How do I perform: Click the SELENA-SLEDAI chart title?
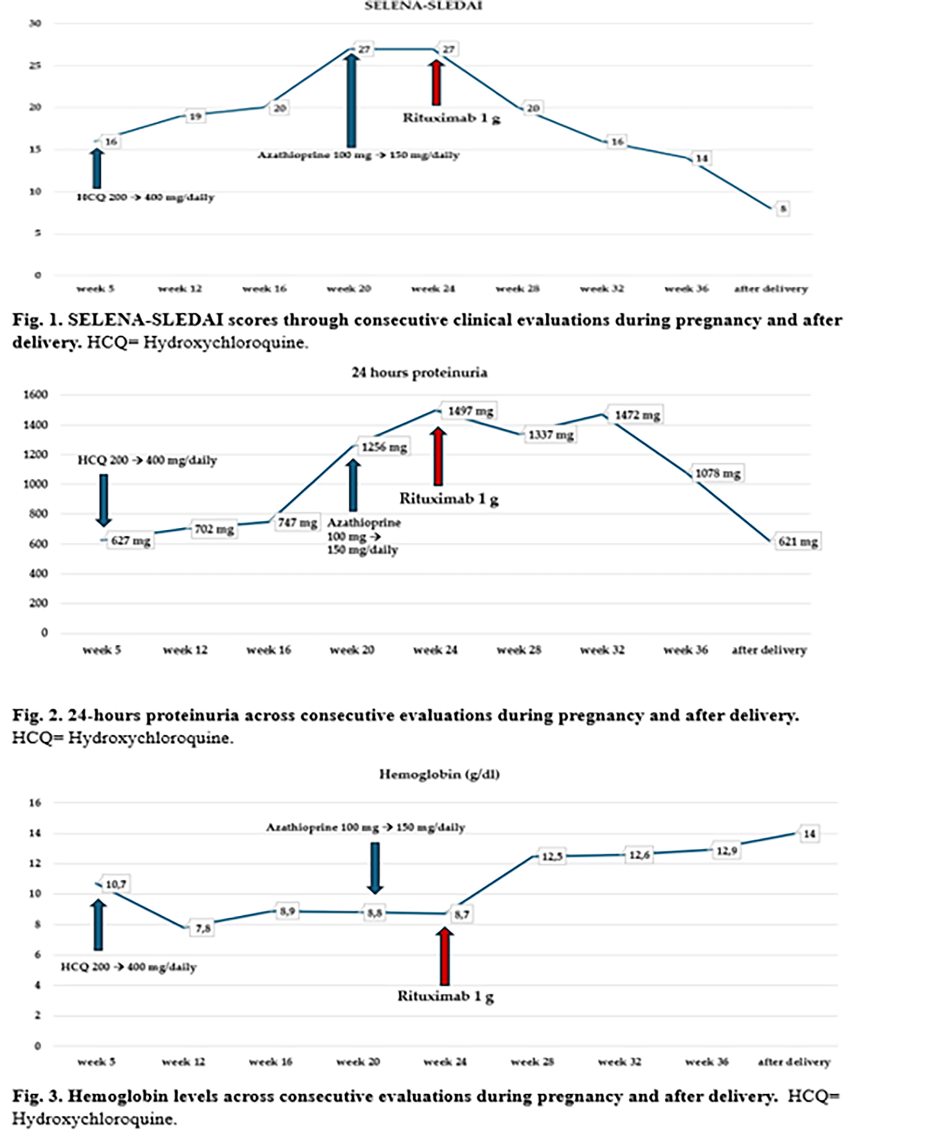pyautogui.click(x=423, y=6)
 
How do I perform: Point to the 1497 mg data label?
pyautogui.click(x=470, y=412)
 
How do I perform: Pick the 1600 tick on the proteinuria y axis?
pyautogui.click(x=36, y=395)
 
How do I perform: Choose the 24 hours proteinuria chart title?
pyautogui.click(x=419, y=373)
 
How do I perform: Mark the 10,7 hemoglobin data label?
pyautogui.click(x=116, y=884)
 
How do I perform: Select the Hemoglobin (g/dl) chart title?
pyautogui.click(x=439, y=774)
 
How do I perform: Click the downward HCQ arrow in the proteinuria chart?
pyautogui.click(x=104, y=500)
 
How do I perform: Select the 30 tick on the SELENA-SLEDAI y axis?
pyautogui.click(x=36, y=24)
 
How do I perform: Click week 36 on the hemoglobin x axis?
pyautogui.click(x=707, y=1062)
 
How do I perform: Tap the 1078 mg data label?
pyautogui.click(x=718, y=474)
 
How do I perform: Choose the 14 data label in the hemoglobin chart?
pyautogui.click(x=809, y=834)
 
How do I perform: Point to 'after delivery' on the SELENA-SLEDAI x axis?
pyautogui.click(x=771, y=289)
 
